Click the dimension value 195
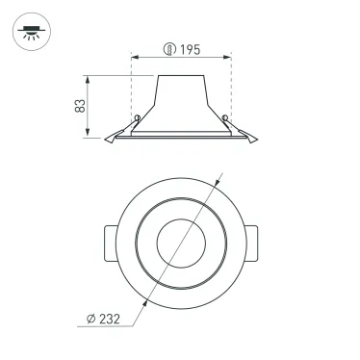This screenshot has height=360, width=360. [x=188, y=49]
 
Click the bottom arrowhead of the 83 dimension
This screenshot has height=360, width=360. [x=93, y=135]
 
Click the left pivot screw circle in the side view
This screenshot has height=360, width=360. [x=138, y=119]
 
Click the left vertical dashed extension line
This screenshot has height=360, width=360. [x=131, y=91]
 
